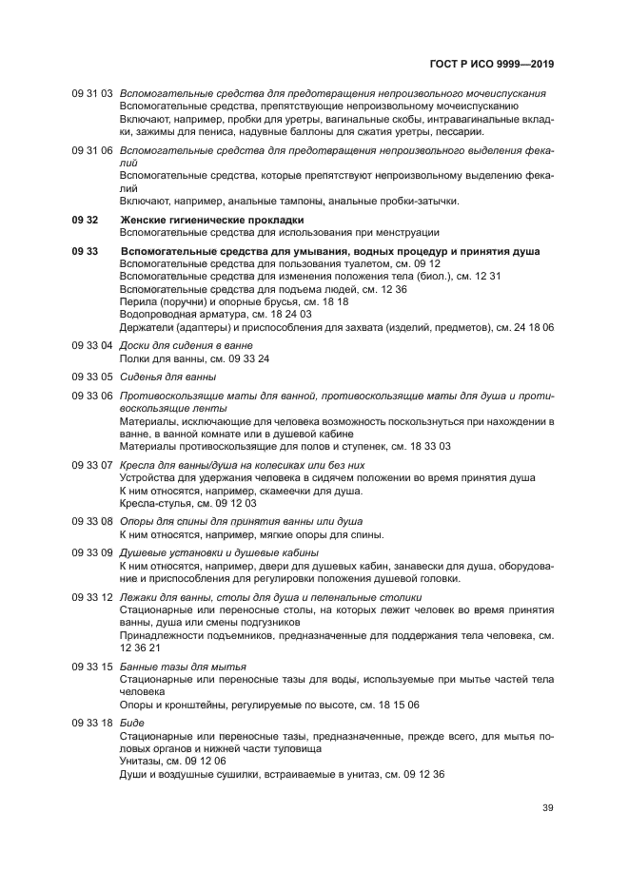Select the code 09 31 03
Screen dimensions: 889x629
click(92, 94)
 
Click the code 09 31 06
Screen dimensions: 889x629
click(92, 150)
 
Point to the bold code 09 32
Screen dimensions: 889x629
click(85, 220)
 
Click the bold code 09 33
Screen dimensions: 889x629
click(85, 251)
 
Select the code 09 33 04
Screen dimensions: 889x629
click(92, 345)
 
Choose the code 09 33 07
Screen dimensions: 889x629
click(92, 464)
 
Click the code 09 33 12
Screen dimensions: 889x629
click(92, 596)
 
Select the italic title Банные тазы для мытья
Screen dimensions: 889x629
click(183, 666)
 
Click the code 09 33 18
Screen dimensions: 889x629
click(92, 723)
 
